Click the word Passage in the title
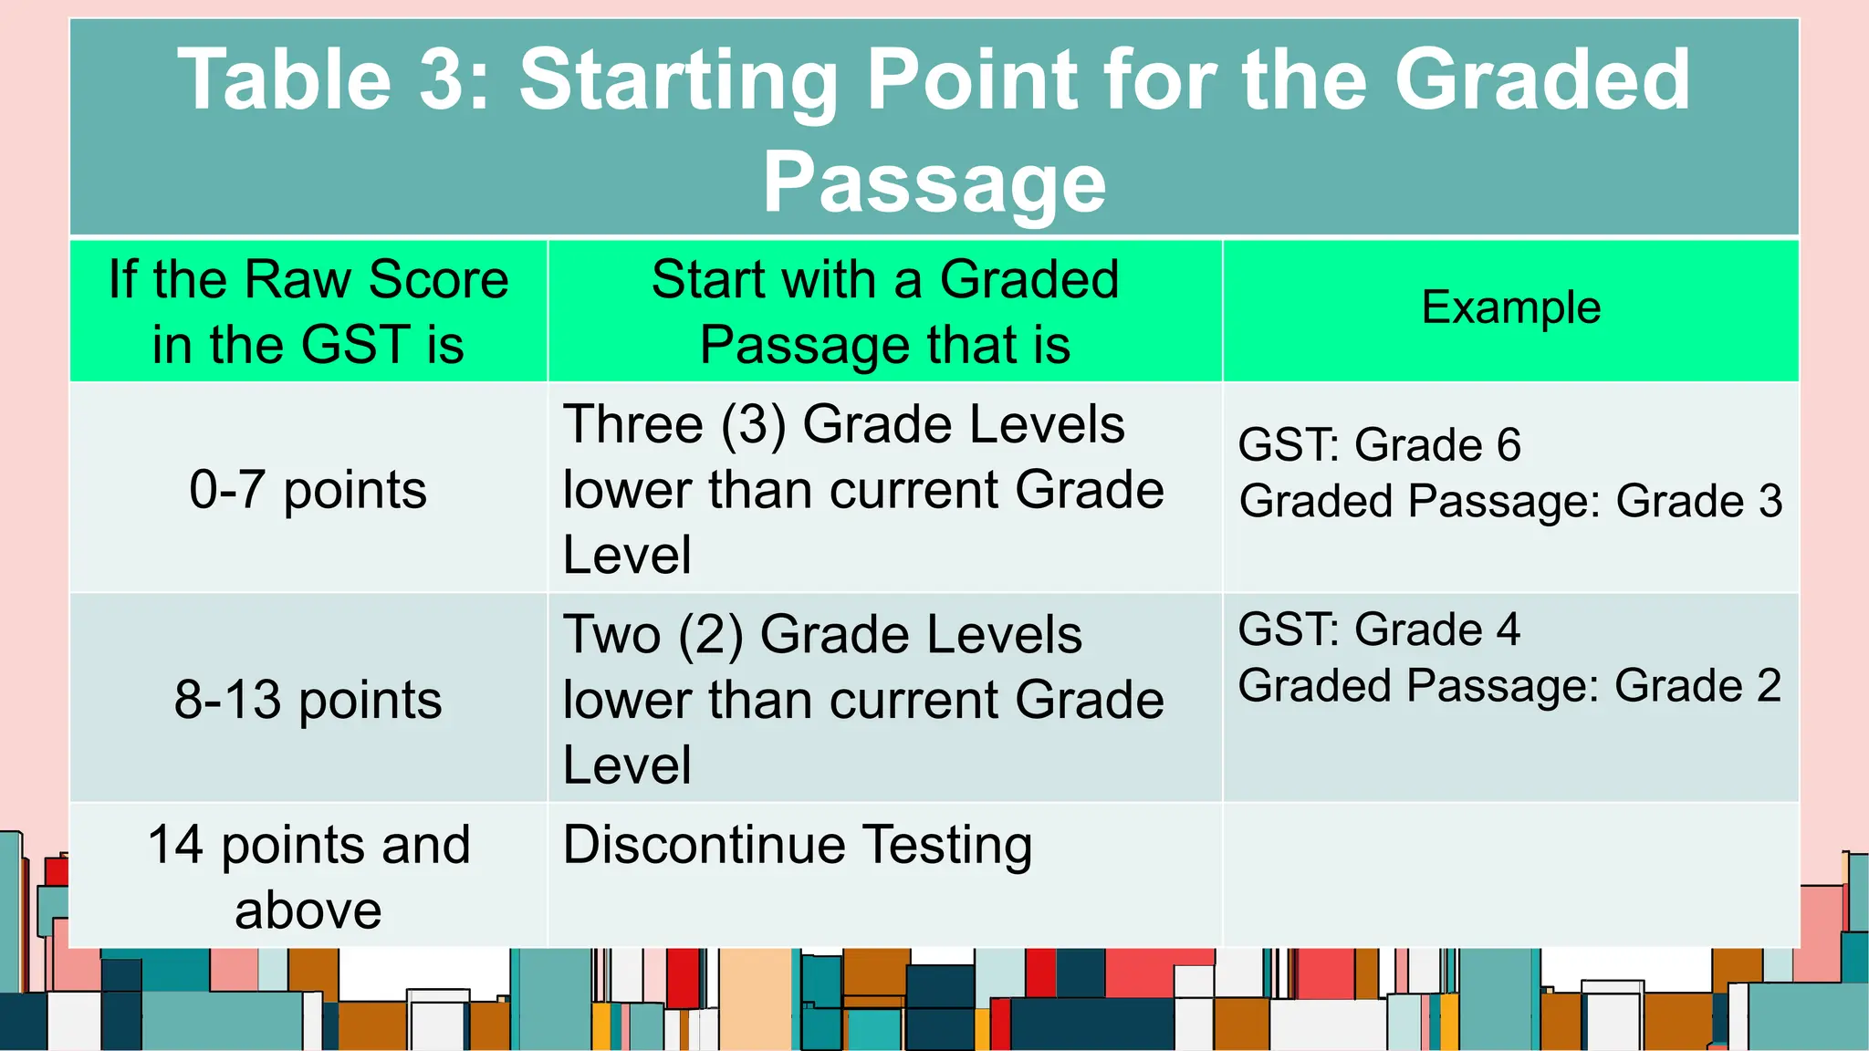click(934, 182)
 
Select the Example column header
click(1510, 307)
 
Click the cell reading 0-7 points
click(308, 490)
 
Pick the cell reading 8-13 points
click(308, 700)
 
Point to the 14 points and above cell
click(308, 876)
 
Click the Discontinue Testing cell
click(797, 845)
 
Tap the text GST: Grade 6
click(1378, 445)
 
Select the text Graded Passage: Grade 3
click(1510, 502)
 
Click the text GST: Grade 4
click(1378, 630)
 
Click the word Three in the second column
click(632, 425)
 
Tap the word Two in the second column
click(611, 635)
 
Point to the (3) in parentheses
click(753, 425)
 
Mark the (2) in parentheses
click(710, 635)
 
